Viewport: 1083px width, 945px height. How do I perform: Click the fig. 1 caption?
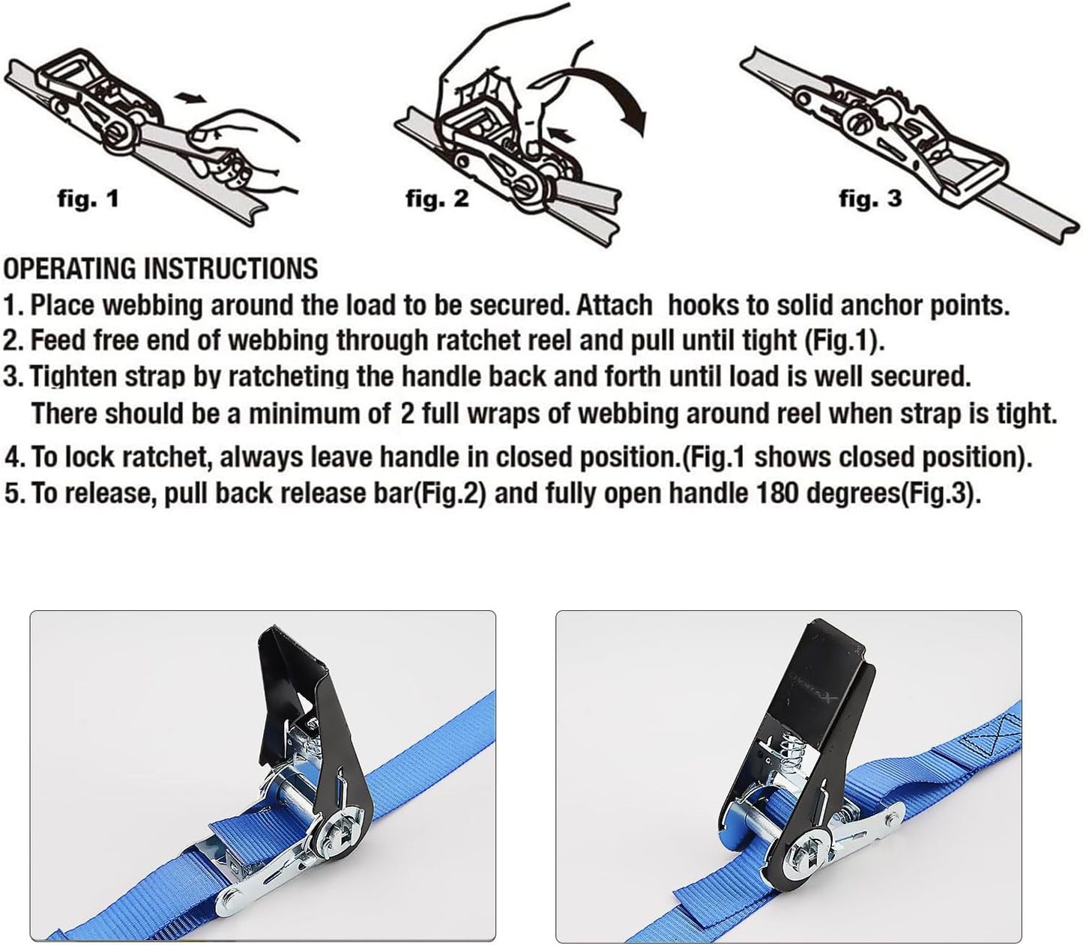point(88,199)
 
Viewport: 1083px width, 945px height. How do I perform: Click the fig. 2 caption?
point(437,198)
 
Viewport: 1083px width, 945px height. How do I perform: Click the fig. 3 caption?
point(869,198)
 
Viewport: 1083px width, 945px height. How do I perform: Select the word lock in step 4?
point(88,456)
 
